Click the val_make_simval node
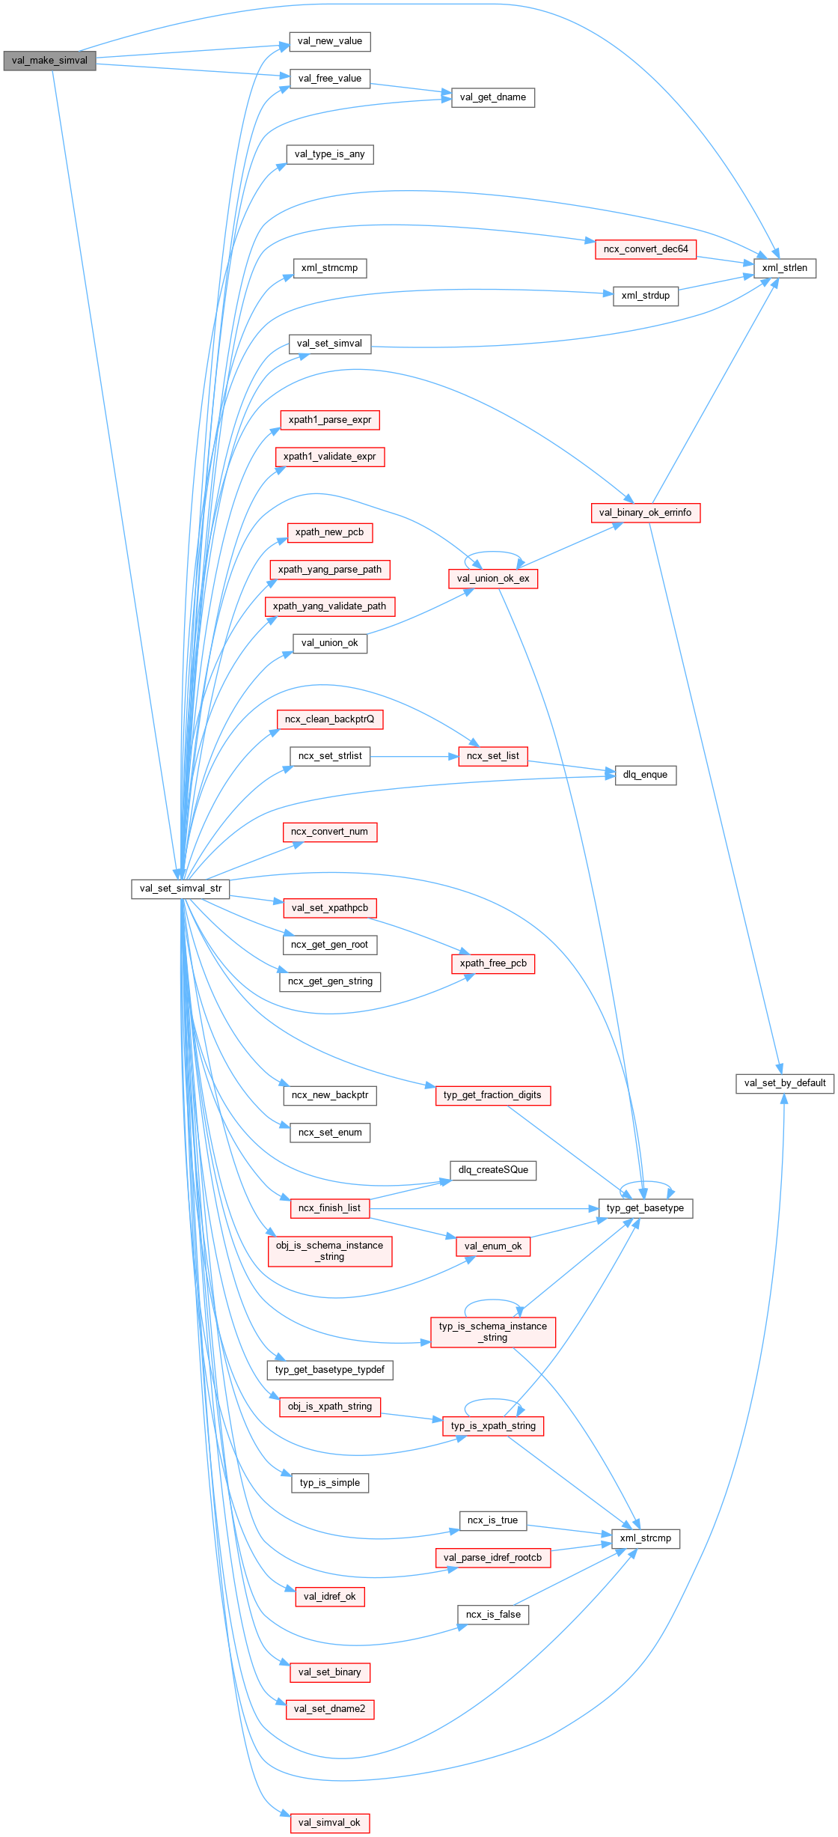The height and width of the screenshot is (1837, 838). (49, 61)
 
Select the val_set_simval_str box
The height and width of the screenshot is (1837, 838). (180, 889)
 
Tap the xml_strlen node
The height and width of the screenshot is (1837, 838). (784, 268)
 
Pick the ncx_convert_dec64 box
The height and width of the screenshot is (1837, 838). (646, 249)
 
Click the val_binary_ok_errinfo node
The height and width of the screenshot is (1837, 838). (645, 513)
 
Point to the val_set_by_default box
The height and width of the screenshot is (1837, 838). (784, 1083)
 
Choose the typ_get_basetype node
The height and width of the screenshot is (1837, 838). (645, 1208)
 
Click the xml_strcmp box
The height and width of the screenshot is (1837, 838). (645, 1538)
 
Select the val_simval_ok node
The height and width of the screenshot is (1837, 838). (329, 1823)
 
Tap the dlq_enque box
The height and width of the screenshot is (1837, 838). (645, 775)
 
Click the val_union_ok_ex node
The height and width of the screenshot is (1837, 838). (493, 579)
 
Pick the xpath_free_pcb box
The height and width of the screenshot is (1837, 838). (493, 963)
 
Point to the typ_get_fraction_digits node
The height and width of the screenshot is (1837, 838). (492, 1095)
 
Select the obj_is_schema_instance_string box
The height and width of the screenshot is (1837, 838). (329, 1251)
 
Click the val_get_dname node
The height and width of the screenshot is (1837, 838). (493, 97)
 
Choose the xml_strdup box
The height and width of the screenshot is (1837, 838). (645, 296)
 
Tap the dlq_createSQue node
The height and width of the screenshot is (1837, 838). (493, 1170)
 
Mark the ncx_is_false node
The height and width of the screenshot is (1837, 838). (493, 1615)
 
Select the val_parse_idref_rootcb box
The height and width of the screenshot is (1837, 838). (492, 1558)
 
